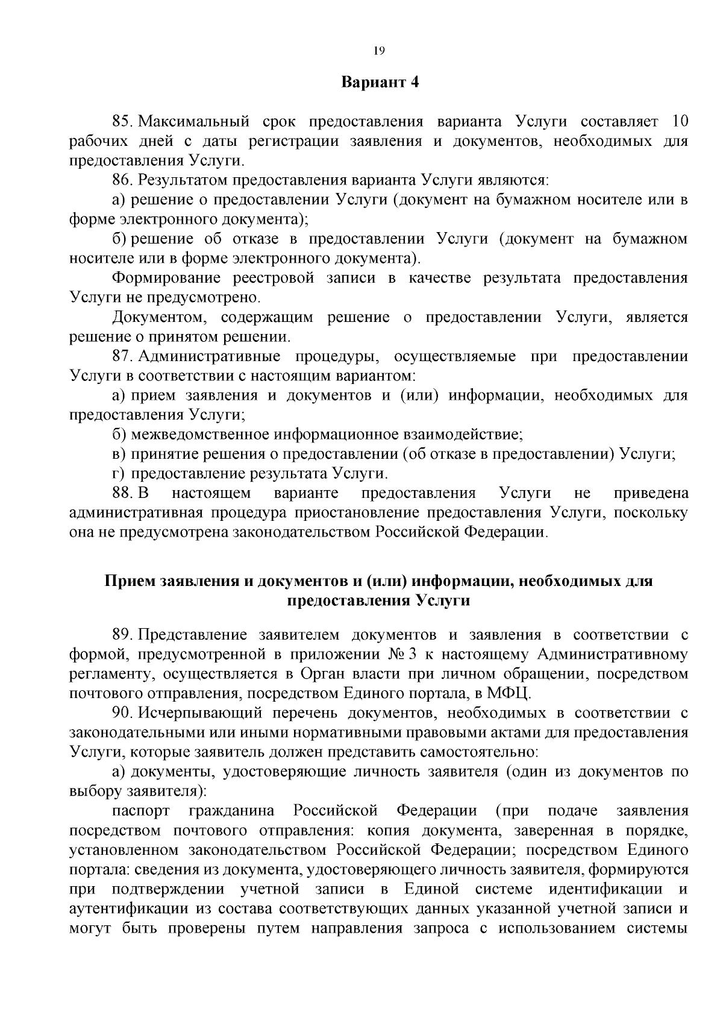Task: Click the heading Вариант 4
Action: pos(380,83)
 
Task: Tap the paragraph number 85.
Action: pos(122,122)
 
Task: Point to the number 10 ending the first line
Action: pos(679,122)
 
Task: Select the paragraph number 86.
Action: pos(122,180)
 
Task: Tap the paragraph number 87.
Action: pos(122,356)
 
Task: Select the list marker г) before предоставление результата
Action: pos(118,473)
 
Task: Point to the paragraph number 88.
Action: pos(122,493)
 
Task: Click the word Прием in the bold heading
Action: pos(130,581)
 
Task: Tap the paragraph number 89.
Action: pos(122,635)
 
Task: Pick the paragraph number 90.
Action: pos(122,713)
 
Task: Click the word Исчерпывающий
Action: pos(199,713)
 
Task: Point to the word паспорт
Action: pos(140,811)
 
